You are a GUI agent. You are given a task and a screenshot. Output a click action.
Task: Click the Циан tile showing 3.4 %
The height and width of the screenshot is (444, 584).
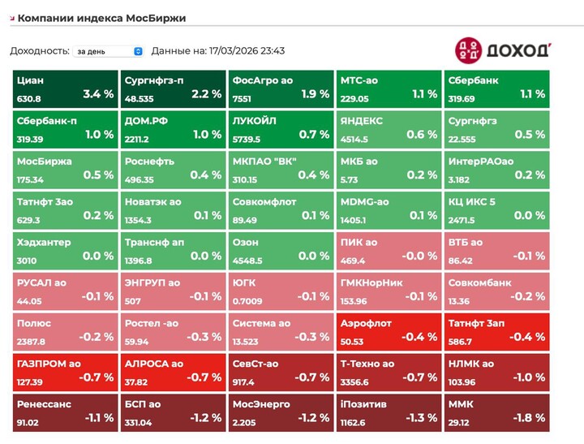click(64, 88)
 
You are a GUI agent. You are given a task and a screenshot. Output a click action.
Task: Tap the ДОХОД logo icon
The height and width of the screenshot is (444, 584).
click(467, 50)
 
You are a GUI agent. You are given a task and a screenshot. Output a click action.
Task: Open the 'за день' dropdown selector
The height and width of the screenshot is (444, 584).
click(108, 51)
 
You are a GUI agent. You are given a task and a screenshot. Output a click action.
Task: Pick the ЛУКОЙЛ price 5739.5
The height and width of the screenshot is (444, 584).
click(247, 140)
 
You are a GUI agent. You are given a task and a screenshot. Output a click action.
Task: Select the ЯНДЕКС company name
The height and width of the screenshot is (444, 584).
click(362, 121)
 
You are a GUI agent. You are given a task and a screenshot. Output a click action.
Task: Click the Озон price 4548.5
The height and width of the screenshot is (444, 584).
click(247, 261)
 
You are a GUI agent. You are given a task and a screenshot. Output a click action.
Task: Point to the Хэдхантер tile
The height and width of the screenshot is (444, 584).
click(64, 251)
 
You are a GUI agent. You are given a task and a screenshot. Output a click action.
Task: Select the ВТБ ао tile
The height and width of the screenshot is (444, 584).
click(496, 251)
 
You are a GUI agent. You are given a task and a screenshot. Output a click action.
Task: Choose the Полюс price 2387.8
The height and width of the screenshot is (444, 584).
click(31, 343)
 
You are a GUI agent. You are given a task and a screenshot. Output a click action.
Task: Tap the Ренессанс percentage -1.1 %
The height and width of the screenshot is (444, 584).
click(99, 418)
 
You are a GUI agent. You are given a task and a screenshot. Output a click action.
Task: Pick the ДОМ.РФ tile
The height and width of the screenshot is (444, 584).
click(172, 129)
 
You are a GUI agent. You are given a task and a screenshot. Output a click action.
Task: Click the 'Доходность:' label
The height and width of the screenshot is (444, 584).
click(40, 51)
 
